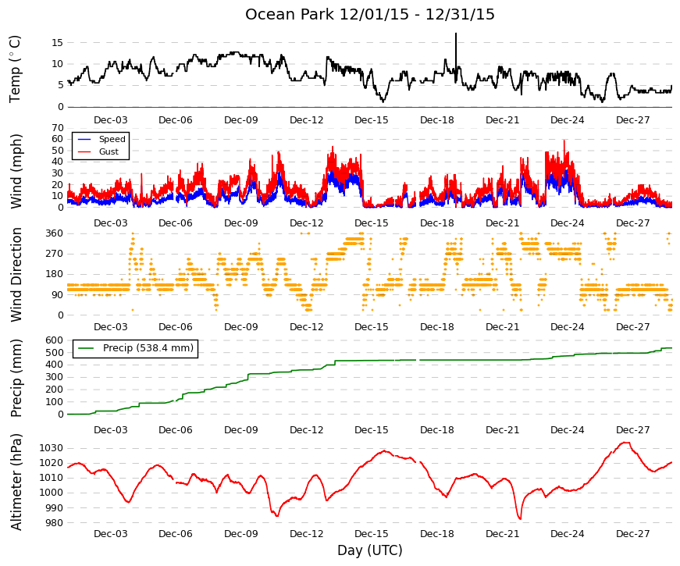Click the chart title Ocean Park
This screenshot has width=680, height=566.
tap(290, 14)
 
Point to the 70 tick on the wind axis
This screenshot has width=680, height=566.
tap(58, 128)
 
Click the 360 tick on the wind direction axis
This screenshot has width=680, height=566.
tap(55, 233)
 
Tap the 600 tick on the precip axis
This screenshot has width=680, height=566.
tap(55, 340)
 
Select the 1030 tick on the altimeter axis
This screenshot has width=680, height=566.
tap(52, 448)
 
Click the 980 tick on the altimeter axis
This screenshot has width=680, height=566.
tap(55, 522)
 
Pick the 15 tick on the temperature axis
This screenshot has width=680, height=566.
tap(58, 42)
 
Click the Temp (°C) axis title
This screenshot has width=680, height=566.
tap(15, 69)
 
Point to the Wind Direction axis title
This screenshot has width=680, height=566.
tap(16, 275)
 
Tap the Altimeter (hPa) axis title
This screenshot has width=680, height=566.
tap(16, 482)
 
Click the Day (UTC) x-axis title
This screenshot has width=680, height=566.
tap(370, 550)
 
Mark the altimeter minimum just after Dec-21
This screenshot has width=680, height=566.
tap(519, 518)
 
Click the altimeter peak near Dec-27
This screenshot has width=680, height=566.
tap(625, 443)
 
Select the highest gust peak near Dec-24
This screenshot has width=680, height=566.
tap(564, 141)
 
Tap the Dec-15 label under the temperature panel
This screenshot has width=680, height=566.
tap(372, 120)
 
